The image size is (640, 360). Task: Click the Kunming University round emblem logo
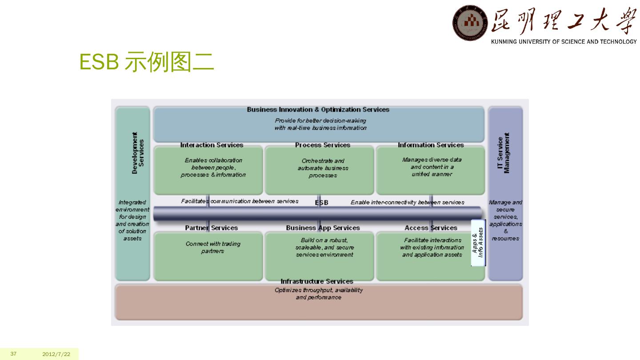click(x=470, y=23)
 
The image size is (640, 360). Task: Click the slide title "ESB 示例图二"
click(x=147, y=62)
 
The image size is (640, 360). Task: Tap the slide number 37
click(x=13, y=354)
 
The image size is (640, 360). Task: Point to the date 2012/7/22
click(x=56, y=354)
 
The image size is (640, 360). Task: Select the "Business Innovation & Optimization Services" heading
click(x=318, y=110)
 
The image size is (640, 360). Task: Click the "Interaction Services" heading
click(x=212, y=145)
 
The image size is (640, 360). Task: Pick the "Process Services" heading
click(x=323, y=145)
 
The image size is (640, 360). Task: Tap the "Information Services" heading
click(x=431, y=145)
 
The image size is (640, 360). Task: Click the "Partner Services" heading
click(x=212, y=228)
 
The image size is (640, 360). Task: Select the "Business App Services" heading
click(x=323, y=228)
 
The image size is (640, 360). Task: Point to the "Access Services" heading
click(x=431, y=228)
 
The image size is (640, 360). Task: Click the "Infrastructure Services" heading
click(x=317, y=281)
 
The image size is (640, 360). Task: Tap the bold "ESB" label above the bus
click(x=322, y=203)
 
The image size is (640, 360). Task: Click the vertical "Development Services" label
click(x=138, y=152)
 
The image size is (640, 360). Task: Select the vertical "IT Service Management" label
click(x=504, y=153)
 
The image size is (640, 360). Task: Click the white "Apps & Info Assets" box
click(x=478, y=243)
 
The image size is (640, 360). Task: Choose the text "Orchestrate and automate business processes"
click(x=323, y=168)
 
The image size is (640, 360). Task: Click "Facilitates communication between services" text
click(x=240, y=201)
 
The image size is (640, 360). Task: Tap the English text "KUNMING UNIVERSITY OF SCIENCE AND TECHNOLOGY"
click(x=564, y=42)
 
